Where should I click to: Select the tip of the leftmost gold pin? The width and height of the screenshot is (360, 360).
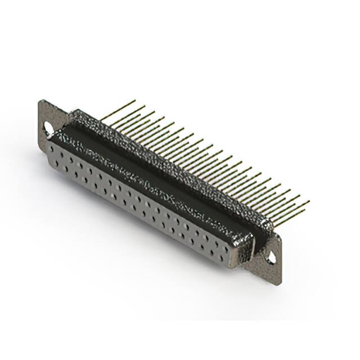(x=135, y=101)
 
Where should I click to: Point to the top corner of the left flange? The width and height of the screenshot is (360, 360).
(x=40, y=101)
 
